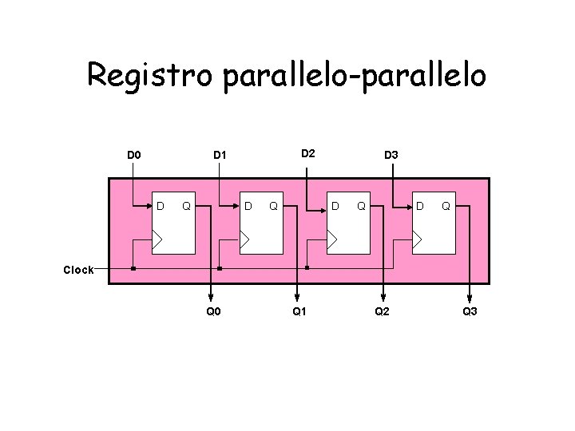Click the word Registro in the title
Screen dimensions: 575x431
point(151,76)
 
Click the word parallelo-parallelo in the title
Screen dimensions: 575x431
point(355,76)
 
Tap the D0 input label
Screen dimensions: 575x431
point(134,153)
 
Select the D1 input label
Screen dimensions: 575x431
point(220,153)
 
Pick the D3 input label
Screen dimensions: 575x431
point(392,153)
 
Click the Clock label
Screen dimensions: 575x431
point(78,270)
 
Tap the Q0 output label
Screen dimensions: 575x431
point(213,310)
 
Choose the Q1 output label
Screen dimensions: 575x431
point(299,310)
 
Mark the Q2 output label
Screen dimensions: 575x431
point(383,310)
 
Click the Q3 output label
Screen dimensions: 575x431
point(470,310)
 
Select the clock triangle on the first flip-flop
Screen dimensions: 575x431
point(159,239)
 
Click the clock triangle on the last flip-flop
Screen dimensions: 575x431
point(418,239)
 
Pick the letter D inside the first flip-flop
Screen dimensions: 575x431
point(160,207)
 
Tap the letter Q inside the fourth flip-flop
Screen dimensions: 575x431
point(446,207)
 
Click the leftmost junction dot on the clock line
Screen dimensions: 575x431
point(133,268)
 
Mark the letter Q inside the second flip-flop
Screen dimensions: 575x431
point(274,207)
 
